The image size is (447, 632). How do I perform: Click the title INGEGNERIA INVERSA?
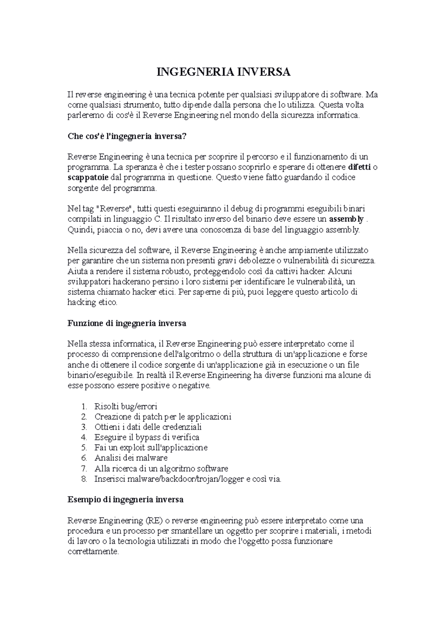tap(223, 72)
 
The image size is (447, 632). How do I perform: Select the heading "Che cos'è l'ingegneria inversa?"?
tap(126, 136)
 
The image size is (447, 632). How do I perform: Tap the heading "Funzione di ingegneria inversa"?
tap(127, 323)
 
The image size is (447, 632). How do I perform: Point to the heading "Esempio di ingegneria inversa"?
tap(126, 499)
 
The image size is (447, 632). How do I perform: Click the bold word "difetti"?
tap(359, 167)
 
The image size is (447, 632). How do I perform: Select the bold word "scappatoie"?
tap(88, 178)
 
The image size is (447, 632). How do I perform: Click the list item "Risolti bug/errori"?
tap(126, 406)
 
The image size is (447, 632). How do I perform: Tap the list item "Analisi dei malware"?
tap(131, 458)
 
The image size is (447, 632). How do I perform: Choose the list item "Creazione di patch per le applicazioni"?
tap(163, 416)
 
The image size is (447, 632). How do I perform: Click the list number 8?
tap(84, 479)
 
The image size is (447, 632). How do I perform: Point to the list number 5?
tap(84, 447)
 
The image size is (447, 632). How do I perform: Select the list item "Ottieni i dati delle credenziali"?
tap(148, 427)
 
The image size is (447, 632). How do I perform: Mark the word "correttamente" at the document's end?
tap(92, 552)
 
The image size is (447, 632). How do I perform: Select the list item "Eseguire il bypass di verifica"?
tap(147, 437)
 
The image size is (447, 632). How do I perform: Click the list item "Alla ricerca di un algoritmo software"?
tap(161, 469)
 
